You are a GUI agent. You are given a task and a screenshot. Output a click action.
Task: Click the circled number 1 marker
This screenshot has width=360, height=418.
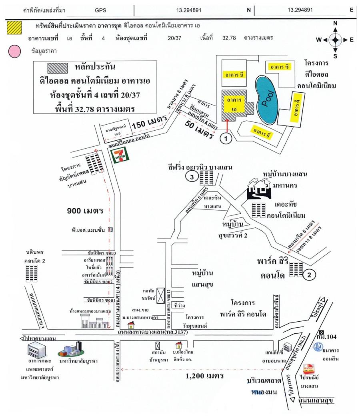[x=226, y=139]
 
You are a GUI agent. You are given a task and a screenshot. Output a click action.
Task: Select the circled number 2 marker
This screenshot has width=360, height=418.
[x=310, y=274]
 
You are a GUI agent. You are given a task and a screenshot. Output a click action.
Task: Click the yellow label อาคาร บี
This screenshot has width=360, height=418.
[x=234, y=74]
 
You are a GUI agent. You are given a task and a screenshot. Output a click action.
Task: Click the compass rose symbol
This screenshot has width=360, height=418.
[x=335, y=39]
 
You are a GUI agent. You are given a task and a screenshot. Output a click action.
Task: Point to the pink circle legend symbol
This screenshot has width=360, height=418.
[x=14, y=51]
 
